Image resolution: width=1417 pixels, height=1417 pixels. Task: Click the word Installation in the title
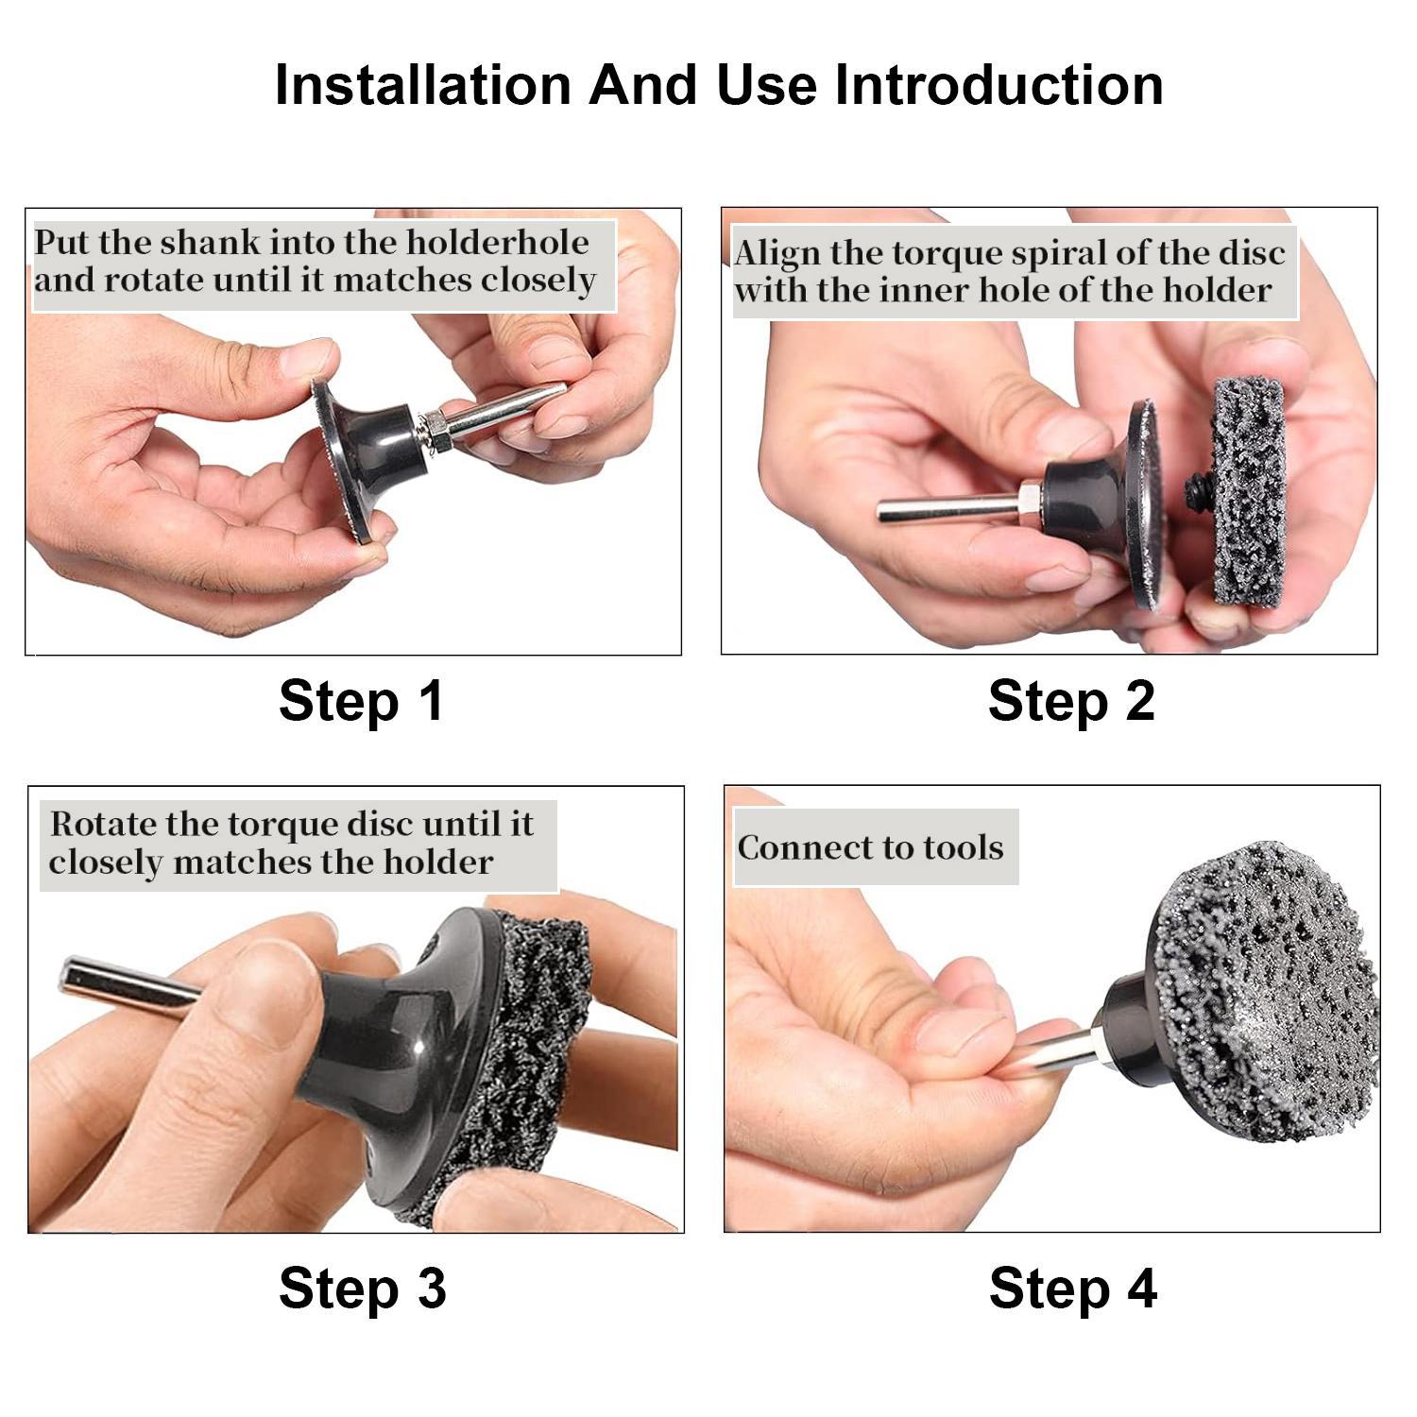pyautogui.click(x=422, y=85)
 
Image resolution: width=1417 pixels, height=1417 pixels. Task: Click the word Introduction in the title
pyautogui.click(x=999, y=85)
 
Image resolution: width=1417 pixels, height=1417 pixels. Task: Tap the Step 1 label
pyautogui.click(x=361, y=701)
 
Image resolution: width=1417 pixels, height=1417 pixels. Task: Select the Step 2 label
pyautogui.click(x=1071, y=701)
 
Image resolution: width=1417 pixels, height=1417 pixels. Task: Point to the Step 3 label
pyautogui.click(x=362, y=1288)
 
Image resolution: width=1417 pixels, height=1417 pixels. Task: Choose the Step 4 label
pyautogui.click(x=1072, y=1288)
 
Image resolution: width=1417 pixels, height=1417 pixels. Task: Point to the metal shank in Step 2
pyautogui.click(x=945, y=508)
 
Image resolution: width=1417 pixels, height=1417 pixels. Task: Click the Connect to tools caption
pyautogui.click(x=870, y=847)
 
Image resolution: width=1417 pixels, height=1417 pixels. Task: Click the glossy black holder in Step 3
pyautogui.click(x=378, y=1030)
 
